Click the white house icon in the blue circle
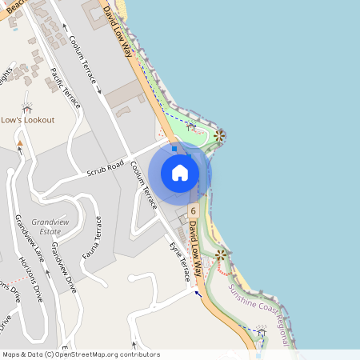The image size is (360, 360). (180, 173)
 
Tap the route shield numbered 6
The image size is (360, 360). (194, 210)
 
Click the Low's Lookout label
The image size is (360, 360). (27, 120)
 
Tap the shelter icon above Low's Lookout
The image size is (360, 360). (27, 107)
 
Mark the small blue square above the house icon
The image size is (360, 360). (174, 148)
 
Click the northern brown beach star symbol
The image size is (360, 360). (220, 136)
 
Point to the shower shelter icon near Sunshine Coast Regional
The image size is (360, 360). (261, 331)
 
